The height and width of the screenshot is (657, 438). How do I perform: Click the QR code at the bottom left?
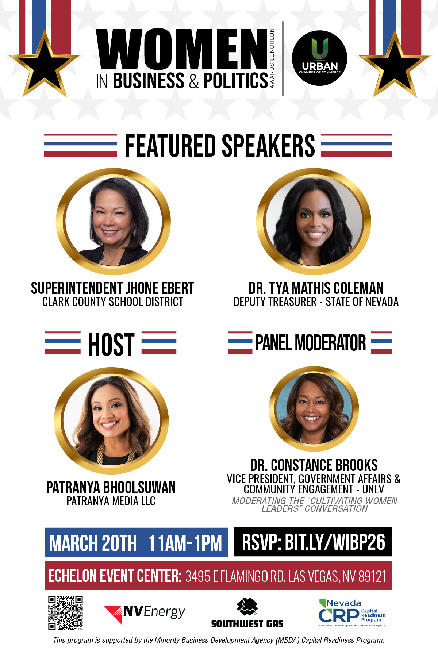[65, 613]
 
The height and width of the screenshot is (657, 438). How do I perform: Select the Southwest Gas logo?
[247, 613]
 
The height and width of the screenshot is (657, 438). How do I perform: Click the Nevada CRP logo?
[352, 613]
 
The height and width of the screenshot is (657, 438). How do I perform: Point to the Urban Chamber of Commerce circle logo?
[320, 58]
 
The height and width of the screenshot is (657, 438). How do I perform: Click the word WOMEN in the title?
[182, 49]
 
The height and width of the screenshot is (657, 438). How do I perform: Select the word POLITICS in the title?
[235, 81]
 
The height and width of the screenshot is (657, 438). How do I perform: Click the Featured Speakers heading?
[220, 146]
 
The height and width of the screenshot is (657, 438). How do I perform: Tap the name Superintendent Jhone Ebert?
[112, 288]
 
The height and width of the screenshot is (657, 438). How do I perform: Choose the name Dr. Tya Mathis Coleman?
[316, 288]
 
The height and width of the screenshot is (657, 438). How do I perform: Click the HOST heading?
[111, 344]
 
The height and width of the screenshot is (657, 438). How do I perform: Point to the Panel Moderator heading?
[311, 343]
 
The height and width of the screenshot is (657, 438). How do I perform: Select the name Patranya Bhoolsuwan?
[111, 488]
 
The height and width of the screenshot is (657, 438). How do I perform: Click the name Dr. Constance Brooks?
[314, 465]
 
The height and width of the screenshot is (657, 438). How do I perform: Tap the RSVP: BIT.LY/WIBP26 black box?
[313, 542]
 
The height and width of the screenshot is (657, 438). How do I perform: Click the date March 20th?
[93, 543]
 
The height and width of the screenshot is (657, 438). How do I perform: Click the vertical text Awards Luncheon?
[272, 58]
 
